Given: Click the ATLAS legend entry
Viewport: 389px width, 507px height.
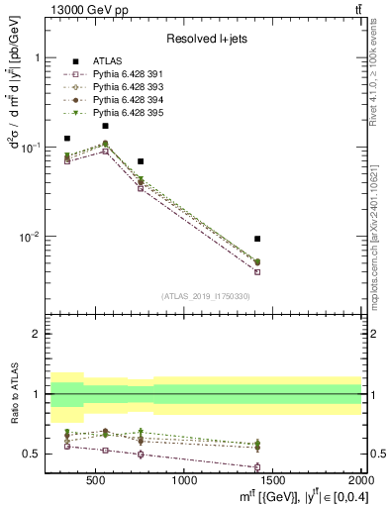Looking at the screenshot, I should pyautogui.click(x=106, y=61).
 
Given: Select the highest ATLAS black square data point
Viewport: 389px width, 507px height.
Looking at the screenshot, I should pyautogui.click(x=105, y=126).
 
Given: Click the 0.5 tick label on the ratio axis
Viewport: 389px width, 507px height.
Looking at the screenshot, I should pyautogui.click(x=31, y=455).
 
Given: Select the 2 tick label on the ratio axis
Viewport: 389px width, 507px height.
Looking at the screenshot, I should pyautogui.click(x=37, y=335).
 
